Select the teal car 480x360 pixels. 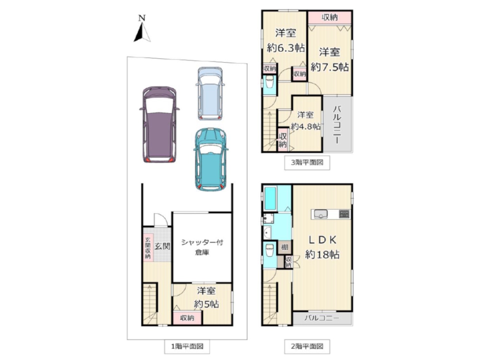(211, 159)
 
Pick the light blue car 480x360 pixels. (210, 94)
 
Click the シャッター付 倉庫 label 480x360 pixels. (202, 247)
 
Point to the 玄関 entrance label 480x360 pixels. (162, 246)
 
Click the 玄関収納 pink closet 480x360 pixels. (148, 248)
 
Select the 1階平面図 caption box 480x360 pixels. (187, 347)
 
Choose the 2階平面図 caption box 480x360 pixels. (307, 347)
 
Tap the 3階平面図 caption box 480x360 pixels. (307, 163)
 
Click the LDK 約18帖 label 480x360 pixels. (322, 247)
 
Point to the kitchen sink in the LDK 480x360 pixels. (320, 214)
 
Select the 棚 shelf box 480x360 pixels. (285, 247)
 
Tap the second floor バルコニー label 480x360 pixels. (322, 318)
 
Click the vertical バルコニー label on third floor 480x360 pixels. (337, 125)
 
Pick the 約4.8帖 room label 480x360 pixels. (306, 126)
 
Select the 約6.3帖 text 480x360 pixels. (286, 48)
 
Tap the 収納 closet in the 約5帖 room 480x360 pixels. (187, 318)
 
